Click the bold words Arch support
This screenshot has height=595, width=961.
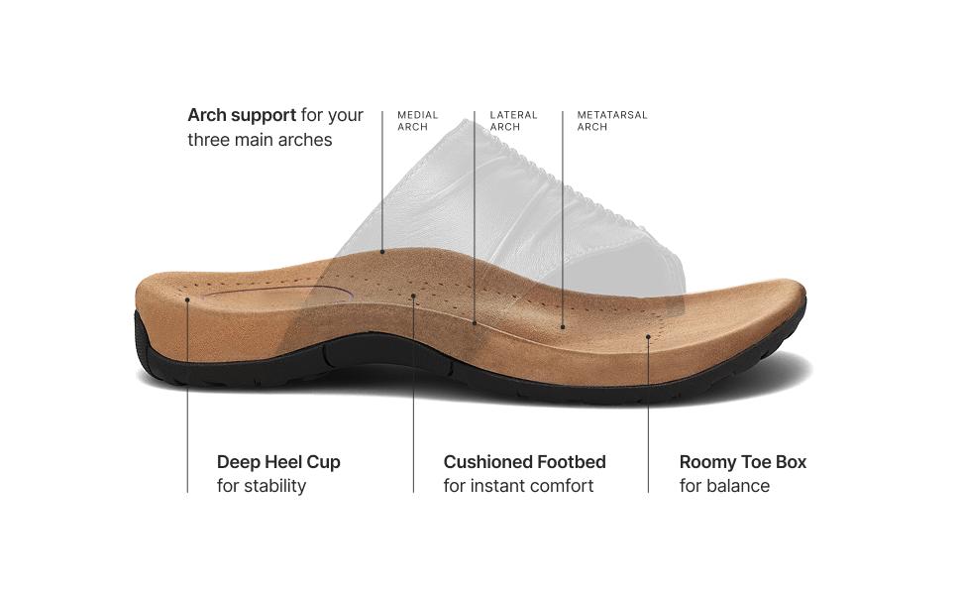pyautogui.click(x=242, y=115)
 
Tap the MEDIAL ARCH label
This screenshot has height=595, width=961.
pyautogui.click(x=417, y=121)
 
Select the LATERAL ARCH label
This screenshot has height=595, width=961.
pyautogui.click(x=513, y=121)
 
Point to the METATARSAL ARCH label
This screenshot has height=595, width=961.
pyautogui.click(x=612, y=121)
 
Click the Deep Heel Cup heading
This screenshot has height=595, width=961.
pyautogui.click(x=278, y=462)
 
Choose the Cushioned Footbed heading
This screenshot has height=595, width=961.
pyautogui.click(x=524, y=462)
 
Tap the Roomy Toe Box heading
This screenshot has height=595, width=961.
pyautogui.click(x=743, y=462)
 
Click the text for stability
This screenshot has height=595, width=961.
pyautogui.click(x=262, y=486)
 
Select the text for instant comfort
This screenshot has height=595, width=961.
pyautogui.click(x=518, y=486)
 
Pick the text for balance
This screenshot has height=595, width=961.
pyautogui.click(x=724, y=486)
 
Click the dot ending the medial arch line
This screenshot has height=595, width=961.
pyautogui.click(x=382, y=251)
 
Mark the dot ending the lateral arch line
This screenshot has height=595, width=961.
pyautogui.click(x=475, y=323)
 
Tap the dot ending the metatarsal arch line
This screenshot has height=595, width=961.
pyautogui.click(x=563, y=325)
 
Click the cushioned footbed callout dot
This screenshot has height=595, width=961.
pyautogui.click(x=413, y=296)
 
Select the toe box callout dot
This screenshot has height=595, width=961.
pyautogui.click(x=648, y=336)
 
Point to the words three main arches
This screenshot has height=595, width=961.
pyautogui.click(x=260, y=140)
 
